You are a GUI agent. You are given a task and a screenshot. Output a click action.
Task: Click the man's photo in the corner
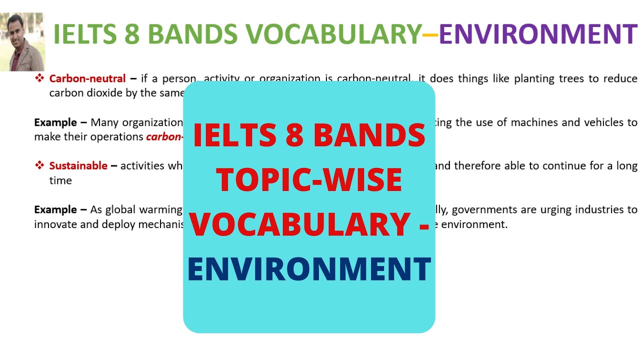coord(22,42)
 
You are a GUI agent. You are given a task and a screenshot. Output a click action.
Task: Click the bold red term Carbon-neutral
coord(87,78)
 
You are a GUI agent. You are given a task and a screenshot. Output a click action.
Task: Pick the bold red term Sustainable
coord(78,165)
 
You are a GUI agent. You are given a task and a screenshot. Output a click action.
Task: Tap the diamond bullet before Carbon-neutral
coord(39,78)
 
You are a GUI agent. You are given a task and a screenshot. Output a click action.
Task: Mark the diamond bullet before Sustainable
coord(39,165)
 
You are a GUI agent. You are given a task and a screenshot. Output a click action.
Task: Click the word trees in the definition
coord(563,78)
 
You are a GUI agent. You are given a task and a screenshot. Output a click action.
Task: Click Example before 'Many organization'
coord(55,122)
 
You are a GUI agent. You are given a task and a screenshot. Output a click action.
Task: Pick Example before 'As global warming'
coord(55,209)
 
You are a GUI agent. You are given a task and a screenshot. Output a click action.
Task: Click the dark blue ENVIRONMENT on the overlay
coord(309,268)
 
